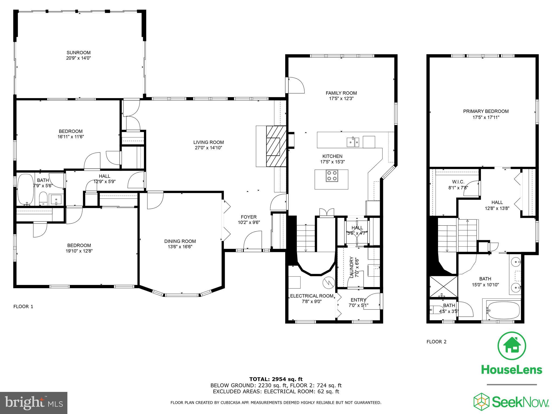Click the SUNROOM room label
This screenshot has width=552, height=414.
click(79, 53)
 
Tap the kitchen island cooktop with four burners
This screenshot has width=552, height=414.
click(331, 176)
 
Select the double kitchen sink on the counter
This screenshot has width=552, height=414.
click(353, 142)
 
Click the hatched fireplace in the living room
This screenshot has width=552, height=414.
click(276, 147)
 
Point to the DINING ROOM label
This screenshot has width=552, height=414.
click(180, 241)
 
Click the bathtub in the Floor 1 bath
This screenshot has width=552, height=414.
click(26, 189)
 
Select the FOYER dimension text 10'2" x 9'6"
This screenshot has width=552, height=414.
click(249, 222)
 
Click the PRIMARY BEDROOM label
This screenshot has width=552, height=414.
click(486, 111)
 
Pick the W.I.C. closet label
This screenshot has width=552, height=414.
click(458, 182)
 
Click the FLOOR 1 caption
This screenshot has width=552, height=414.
click(23, 306)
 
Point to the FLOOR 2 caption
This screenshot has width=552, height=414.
click(436, 342)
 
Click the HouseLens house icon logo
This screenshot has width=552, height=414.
click(512, 346)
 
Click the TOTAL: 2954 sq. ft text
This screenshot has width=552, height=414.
click(276, 379)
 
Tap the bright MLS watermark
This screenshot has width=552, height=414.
click(34, 403)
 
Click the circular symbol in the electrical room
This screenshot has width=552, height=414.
click(329, 282)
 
